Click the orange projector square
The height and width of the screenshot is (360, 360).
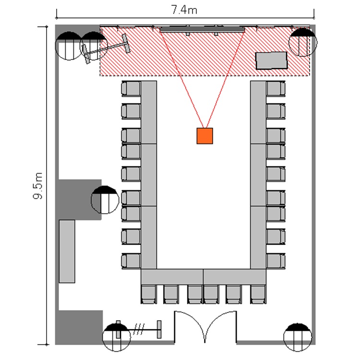205,136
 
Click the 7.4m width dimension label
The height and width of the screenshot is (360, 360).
184,10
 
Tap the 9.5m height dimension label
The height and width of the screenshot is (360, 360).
38,186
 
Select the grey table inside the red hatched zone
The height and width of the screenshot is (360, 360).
271,60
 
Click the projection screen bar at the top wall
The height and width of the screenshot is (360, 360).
202,30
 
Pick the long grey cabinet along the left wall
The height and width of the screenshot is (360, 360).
67,252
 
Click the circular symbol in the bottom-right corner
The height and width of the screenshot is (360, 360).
298,337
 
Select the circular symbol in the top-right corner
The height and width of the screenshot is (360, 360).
303,42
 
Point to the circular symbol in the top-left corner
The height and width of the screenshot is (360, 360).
69,46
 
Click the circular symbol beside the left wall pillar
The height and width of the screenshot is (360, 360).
105,200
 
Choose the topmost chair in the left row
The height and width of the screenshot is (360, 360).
131,88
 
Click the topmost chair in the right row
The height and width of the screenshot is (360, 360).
276,88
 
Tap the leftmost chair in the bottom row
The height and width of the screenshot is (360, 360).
149,294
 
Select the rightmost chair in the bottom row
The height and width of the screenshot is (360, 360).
258,294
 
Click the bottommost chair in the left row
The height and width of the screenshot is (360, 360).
131,261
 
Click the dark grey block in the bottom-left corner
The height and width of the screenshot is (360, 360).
79,327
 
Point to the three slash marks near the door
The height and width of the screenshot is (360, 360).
139,329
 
